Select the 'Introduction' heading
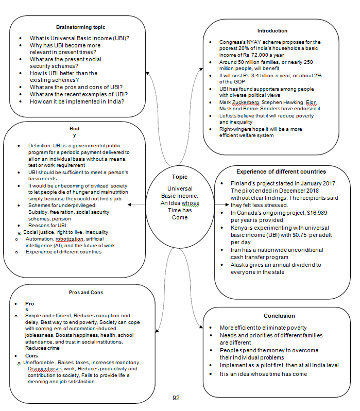click(272, 31)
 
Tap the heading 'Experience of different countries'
click(281, 172)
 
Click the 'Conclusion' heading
click(279, 316)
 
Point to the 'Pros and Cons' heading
click(85, 292)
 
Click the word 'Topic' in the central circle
click(180, 177)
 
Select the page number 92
click(176, 398)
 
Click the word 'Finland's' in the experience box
click(244, 183)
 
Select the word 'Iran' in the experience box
click(237, 250)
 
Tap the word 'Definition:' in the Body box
click(41, 146)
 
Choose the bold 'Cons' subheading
click(31, 355)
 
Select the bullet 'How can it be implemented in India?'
click(80, 101)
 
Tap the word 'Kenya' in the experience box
click(240, 227)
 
